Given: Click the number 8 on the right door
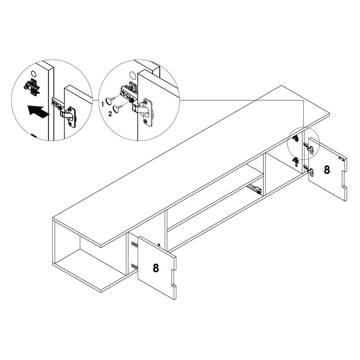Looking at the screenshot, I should pos(327,170).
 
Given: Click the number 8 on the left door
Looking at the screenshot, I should pos(156,268).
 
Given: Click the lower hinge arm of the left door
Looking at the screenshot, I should pos(134,265).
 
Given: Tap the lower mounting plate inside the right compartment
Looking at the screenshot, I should pos(296,161).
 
